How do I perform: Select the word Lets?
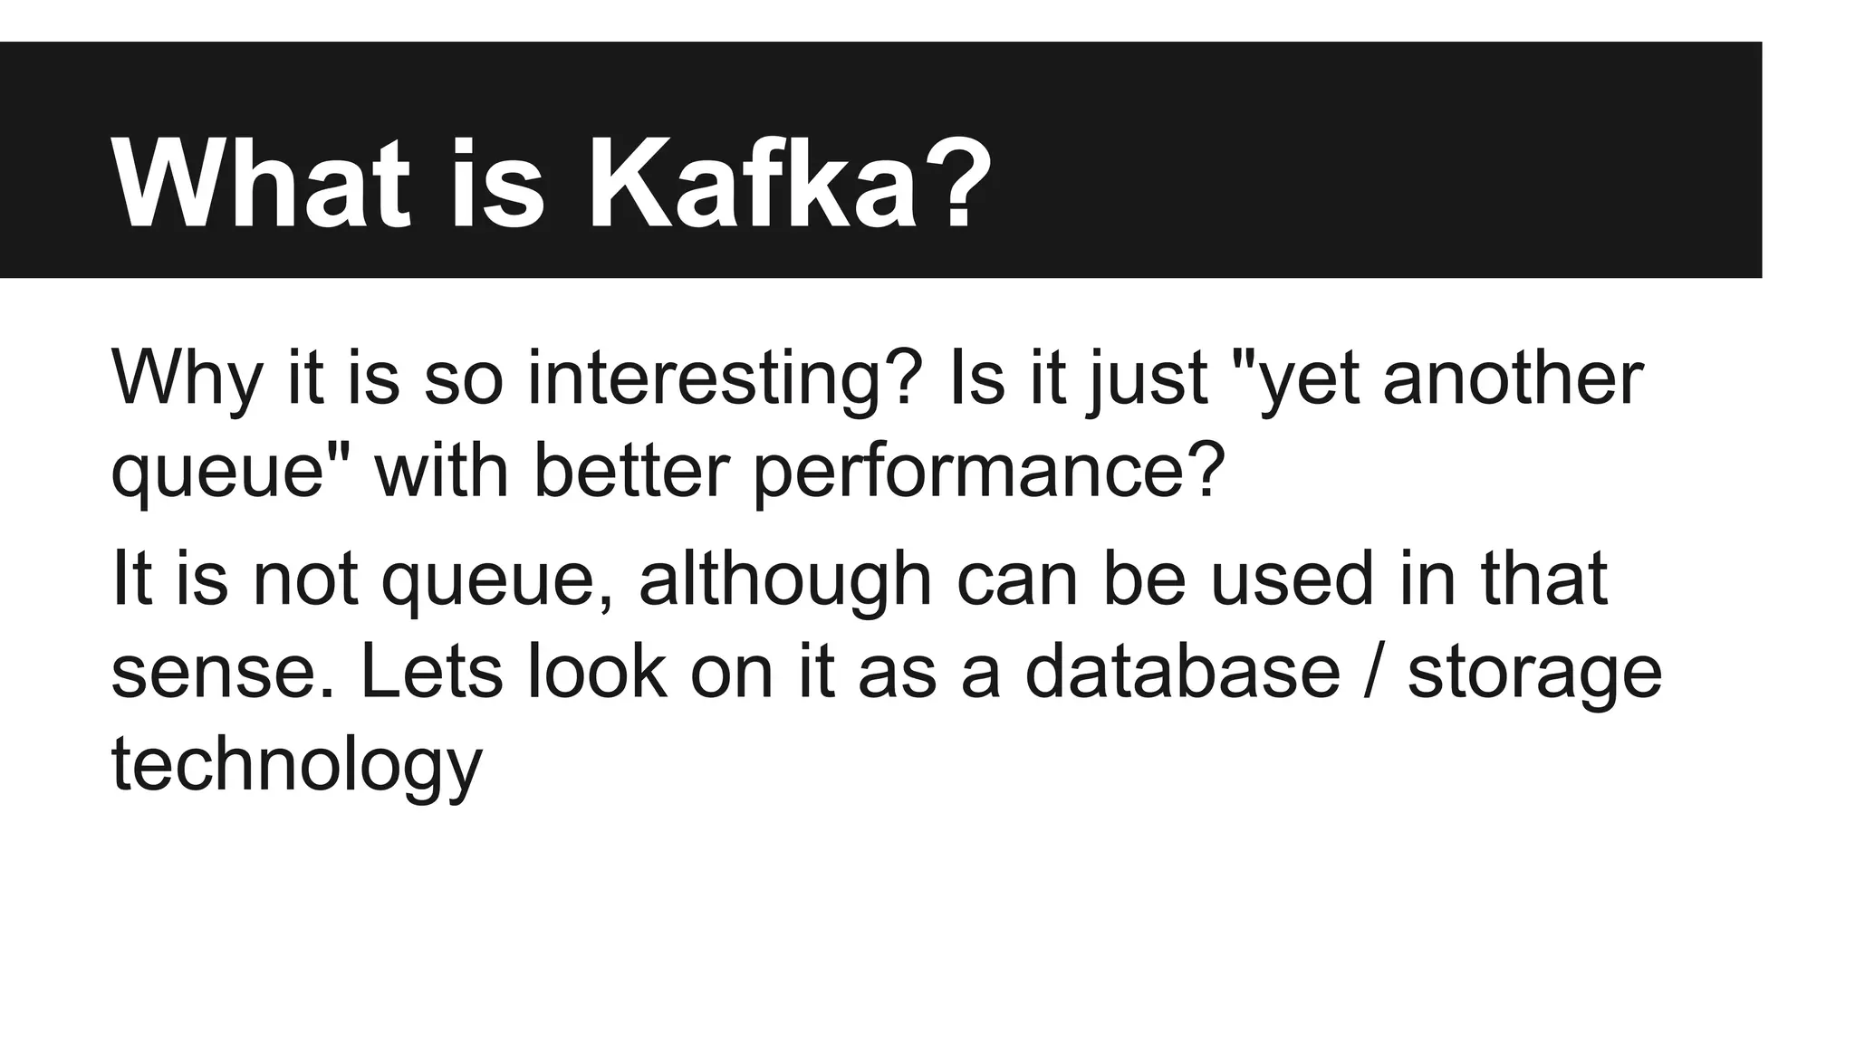pyautogui.click(x=431, y=670)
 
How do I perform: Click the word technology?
pyautogui.click(x=297, y=765)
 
